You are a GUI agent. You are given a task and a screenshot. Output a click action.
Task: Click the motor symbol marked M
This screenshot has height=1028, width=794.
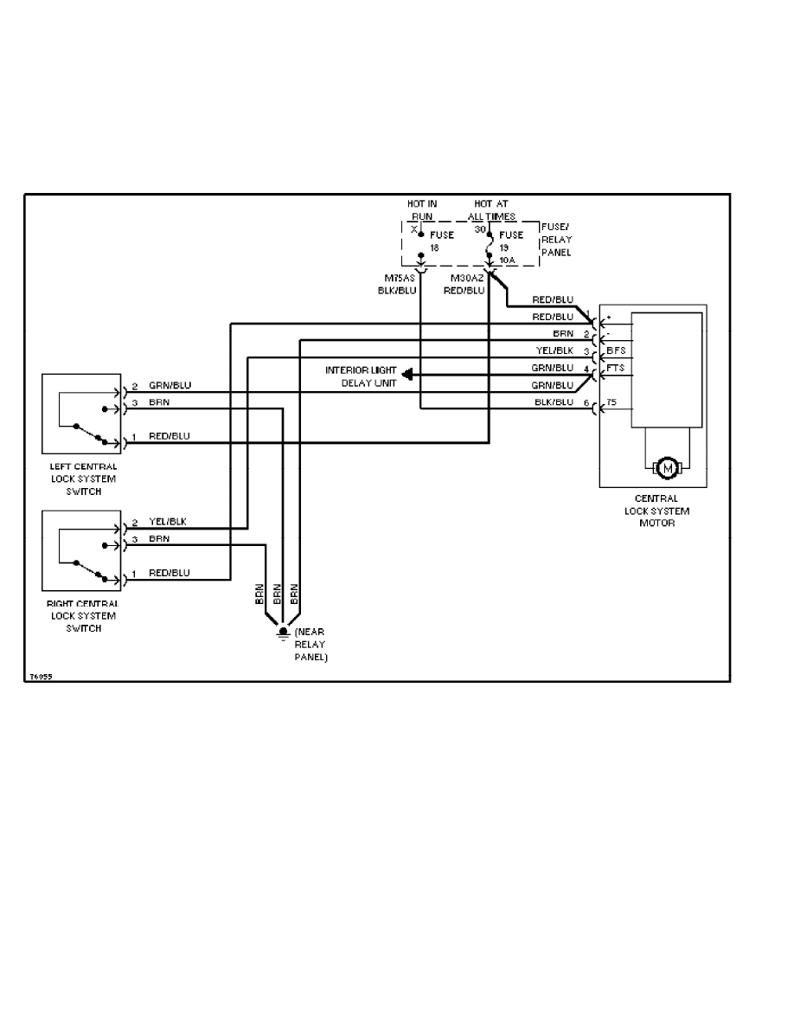[x=667, y=467]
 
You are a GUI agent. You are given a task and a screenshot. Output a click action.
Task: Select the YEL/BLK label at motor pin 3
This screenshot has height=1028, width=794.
[x=554, y=350]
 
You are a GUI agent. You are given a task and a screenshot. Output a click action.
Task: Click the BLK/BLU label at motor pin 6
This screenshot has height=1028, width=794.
[x=554, y=402]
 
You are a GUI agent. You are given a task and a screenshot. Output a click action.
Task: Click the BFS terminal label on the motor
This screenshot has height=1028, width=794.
[x=616, y=350]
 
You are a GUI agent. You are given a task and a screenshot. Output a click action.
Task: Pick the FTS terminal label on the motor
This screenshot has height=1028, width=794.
[x=616, y=369]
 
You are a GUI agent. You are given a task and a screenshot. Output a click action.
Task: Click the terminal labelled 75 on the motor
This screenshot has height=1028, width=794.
[x=611, y=403]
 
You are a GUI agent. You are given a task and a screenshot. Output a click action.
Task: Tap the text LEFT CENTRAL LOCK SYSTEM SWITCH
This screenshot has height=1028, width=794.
[x=83, y=479]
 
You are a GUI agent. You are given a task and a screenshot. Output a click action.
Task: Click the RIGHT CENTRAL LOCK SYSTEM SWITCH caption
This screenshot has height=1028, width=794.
[x=83, y=615]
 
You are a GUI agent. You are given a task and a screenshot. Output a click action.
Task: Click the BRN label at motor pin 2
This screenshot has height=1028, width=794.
[x=563, y=333]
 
